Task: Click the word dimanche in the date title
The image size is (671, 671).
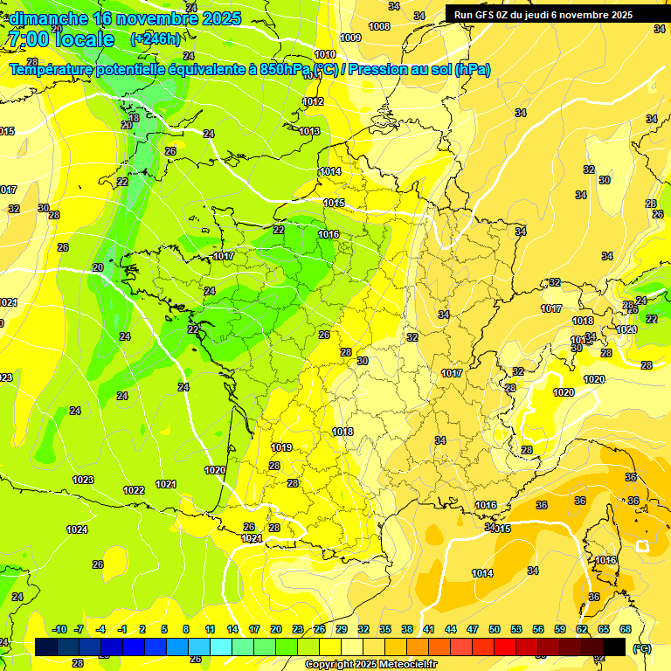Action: pyautogui.click(x=48, y=18)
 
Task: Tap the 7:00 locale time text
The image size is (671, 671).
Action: pyautogui.click(x=60, y=39)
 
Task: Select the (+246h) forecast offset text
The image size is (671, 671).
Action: pyautogui.click(x=155, y=39)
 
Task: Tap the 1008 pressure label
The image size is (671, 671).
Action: pyautogui.click(x=379, y=27)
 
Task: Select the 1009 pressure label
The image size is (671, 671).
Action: pyautogui.click(x=350, y=38)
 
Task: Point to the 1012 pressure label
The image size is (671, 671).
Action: pyautogui.click(x=314, y=102)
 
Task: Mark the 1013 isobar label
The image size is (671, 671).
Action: pyautogui.click(x=309, y=132)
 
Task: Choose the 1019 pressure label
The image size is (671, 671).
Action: pyautogui.click(x=281, y=447)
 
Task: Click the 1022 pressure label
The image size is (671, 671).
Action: pyautogui.click(x=134, y=490)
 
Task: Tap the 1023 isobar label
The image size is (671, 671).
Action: pyautogui.click(x=83, y=480)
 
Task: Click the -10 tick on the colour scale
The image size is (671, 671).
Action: pyautogui.click(x=59, y=630)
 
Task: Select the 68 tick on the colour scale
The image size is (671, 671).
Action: pyautogui.click(x=626, y=630)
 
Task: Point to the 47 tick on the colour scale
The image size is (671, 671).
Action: pyautogui.click(x=473, y=630)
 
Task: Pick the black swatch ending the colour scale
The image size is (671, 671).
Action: pyautogui.click(x=614, y=647)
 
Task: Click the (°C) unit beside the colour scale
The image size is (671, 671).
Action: pyautogui.click(x=641, y=647)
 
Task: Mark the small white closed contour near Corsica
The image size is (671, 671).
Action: pyautogui.click(x=643, y=546)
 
